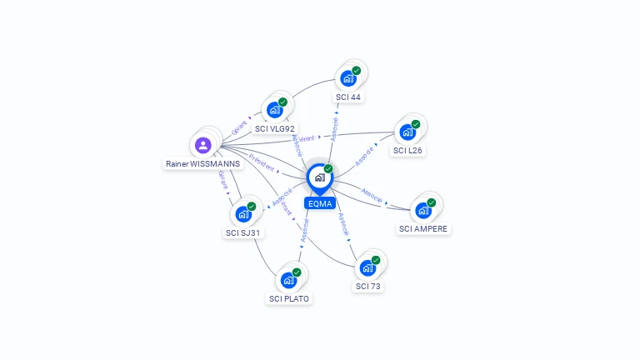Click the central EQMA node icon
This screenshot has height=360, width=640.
coord(319,177)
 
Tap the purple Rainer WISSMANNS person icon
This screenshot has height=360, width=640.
coord(202,145)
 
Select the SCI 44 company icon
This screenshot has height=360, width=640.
coord(347,78)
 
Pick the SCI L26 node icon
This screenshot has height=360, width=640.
coord(407,132)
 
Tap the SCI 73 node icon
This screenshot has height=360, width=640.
coord(367,267)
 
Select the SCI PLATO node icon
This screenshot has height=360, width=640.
coord(288,280)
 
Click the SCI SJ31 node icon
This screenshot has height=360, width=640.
coord(243,214)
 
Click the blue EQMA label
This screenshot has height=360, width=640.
coord(319,202)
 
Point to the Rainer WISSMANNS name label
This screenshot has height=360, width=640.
coord(202,164)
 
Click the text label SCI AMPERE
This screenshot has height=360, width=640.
coord(422,229)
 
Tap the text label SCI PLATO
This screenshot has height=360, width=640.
coord(288,298)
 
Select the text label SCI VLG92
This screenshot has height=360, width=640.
coord(274,129)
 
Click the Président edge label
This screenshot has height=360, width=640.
coord(261,162)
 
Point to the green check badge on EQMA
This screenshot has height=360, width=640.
coord(328,169)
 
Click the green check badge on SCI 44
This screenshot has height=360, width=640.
coord(357,71)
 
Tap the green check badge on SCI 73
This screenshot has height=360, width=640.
coord(376,260)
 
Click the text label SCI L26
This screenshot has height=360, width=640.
coord(407,151)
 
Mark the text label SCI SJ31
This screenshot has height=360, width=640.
coord(244,233)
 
